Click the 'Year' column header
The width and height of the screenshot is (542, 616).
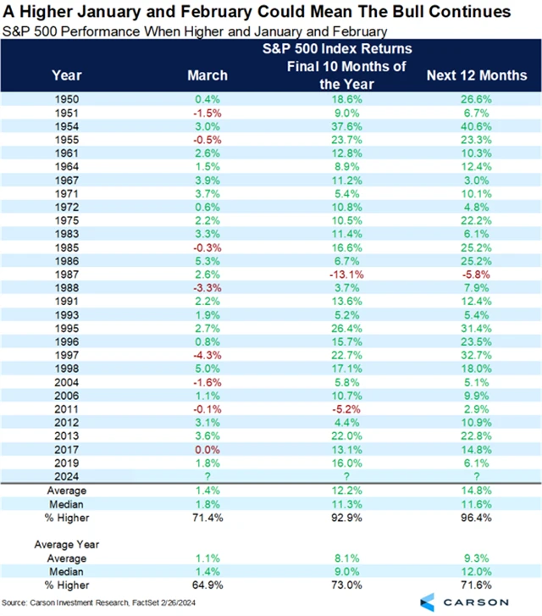67,75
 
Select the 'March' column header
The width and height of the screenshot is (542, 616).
207,75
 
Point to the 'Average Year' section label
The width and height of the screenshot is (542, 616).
67,545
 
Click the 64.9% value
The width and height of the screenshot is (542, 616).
207,585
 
